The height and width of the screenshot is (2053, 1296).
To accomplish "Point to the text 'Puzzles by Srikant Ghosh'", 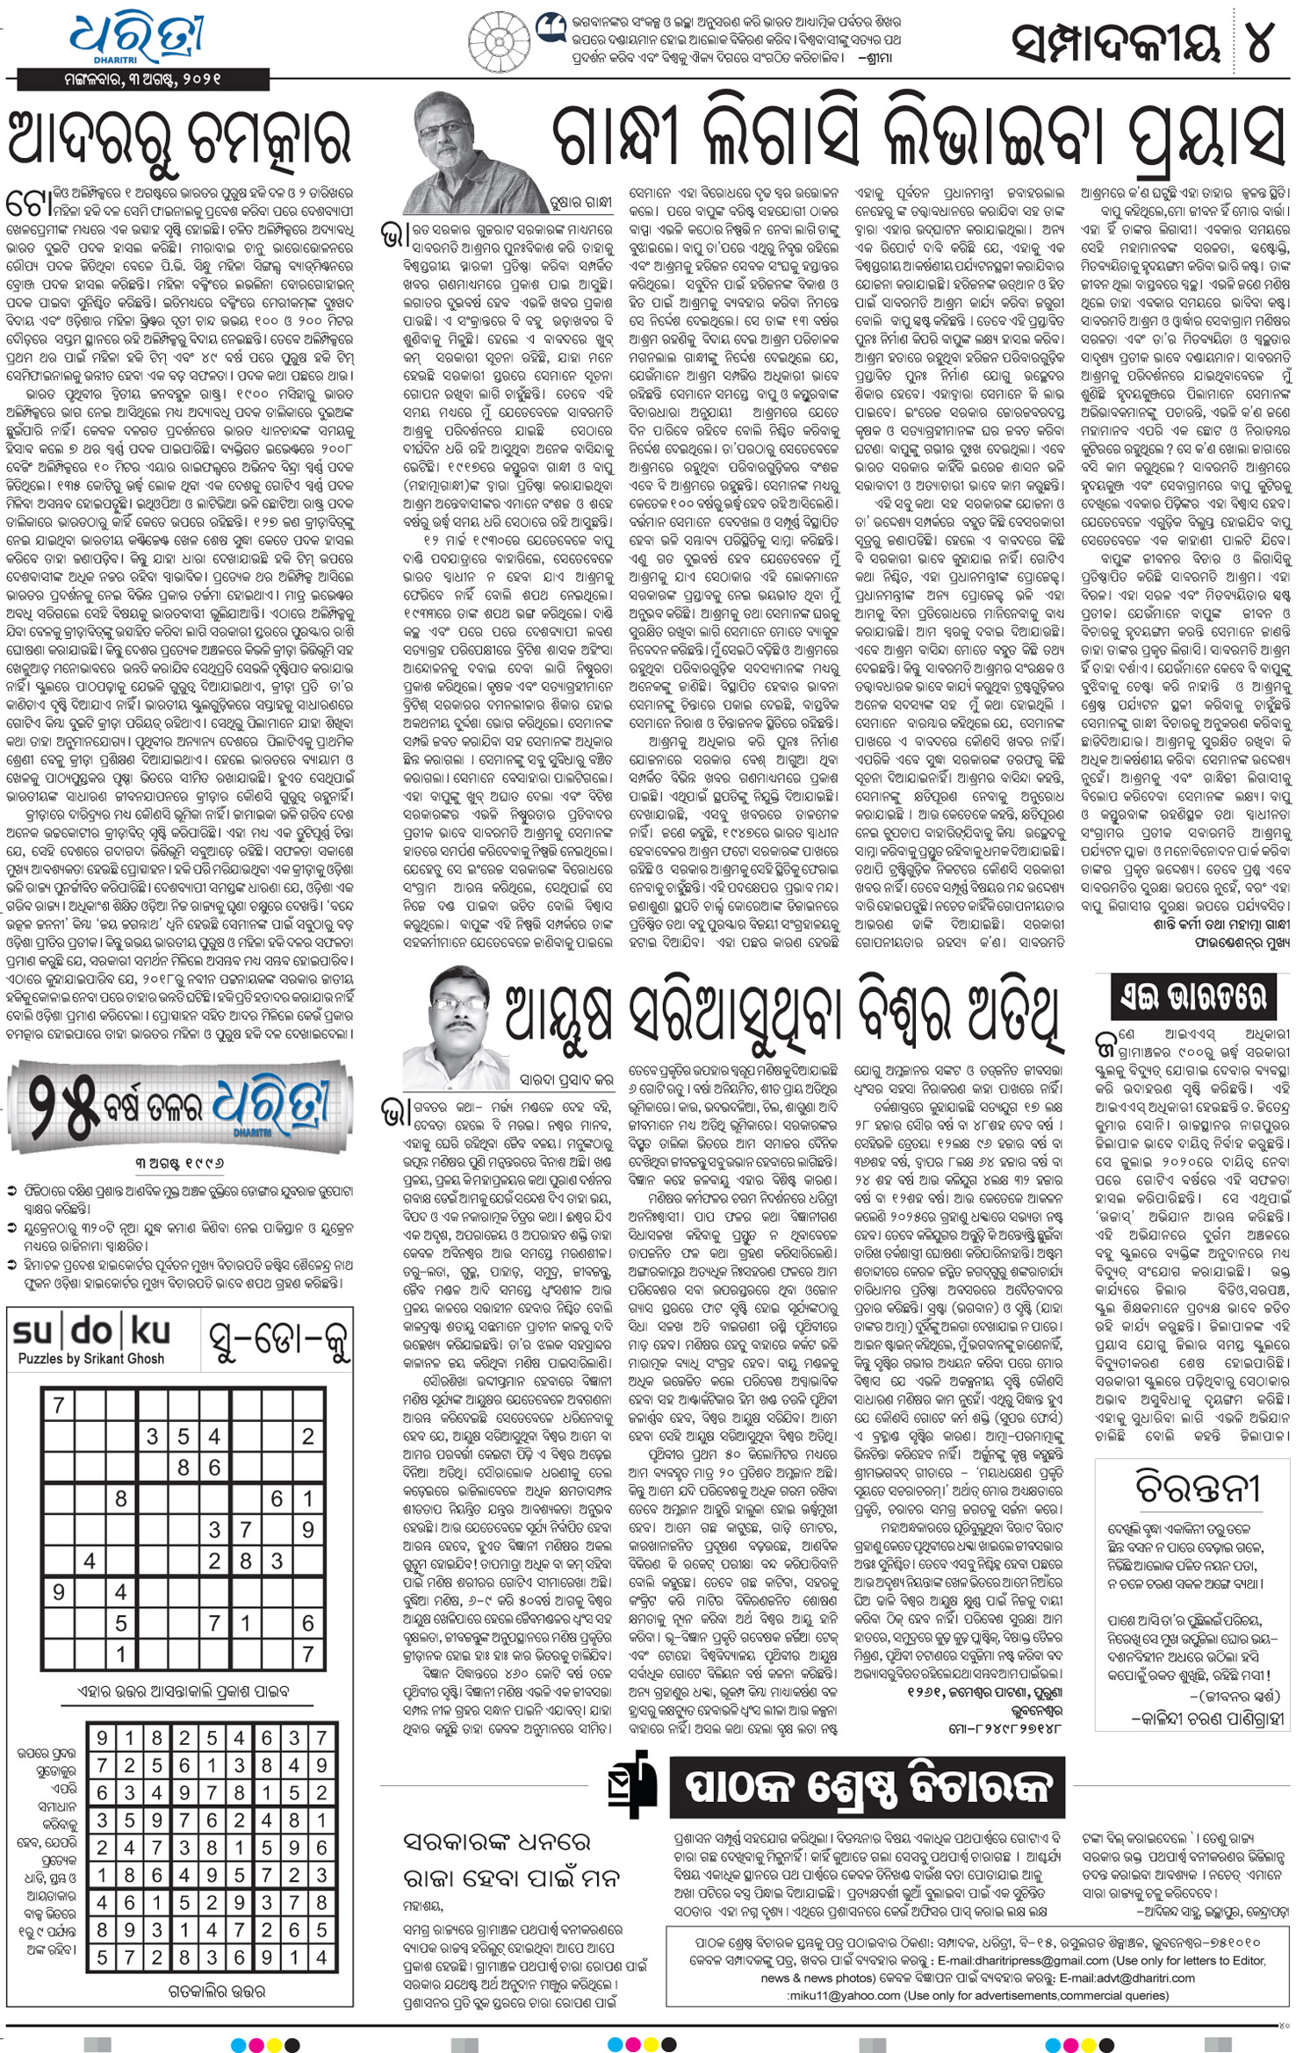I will pos(91,1359).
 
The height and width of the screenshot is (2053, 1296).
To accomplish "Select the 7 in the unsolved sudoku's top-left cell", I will pos(58,1406).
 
